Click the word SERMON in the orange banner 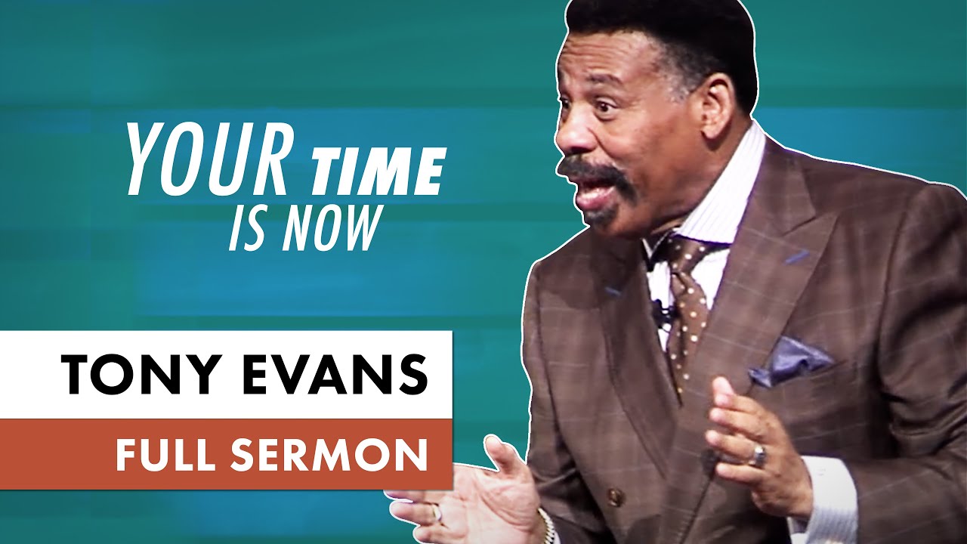pos(340,454)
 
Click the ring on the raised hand pos(758,455)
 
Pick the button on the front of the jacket pos(616,496)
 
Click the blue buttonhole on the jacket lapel pos(797,257)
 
